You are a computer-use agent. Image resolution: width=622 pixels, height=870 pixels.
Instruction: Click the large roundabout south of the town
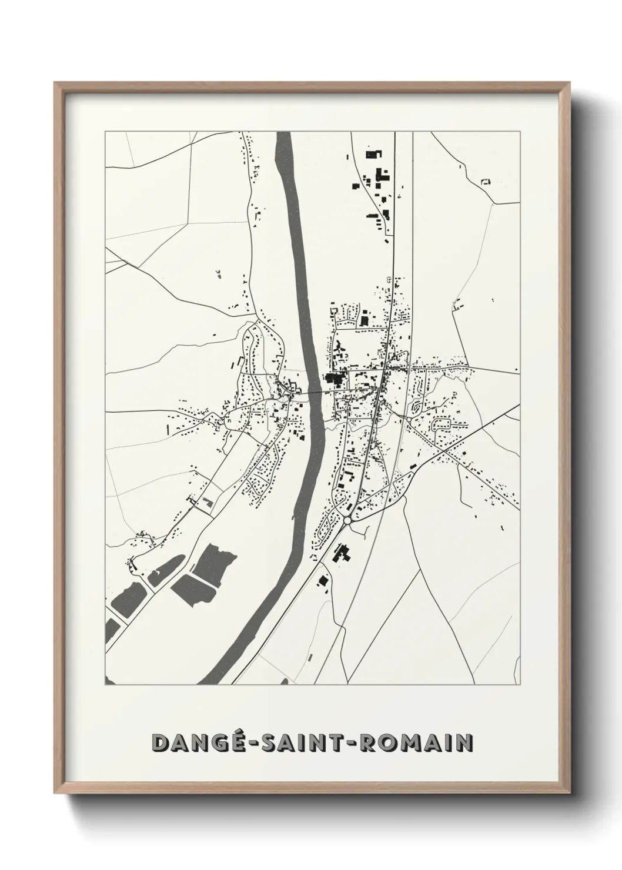click(x=347, y=520)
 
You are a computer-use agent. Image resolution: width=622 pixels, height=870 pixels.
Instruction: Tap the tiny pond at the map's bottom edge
click(x=285, y=682)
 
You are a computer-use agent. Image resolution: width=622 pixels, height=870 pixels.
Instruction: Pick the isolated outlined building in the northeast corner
click(x=485, y=181)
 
